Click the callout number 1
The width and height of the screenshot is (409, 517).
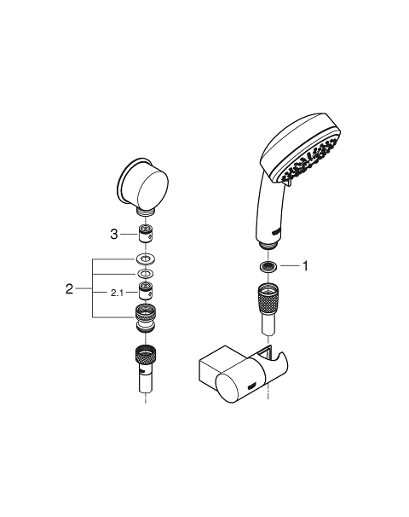(x=305, y=266)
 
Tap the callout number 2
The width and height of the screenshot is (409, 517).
(x=69, y=289)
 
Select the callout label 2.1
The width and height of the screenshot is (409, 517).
(x=117, y=293)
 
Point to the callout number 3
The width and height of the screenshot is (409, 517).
(x=114, y=235)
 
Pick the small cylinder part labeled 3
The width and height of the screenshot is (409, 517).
(x=146, y=233)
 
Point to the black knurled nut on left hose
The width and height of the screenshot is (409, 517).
(x=146, y=356)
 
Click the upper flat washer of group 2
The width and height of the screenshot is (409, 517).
(x=146, y=258)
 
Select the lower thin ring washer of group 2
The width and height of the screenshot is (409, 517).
(x=146, y=274)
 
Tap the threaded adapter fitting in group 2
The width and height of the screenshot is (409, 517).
(x=146, y=318)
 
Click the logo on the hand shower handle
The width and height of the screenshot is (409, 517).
(x=276, y=231)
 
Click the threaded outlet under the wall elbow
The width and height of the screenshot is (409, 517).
(x=146, y=212)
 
